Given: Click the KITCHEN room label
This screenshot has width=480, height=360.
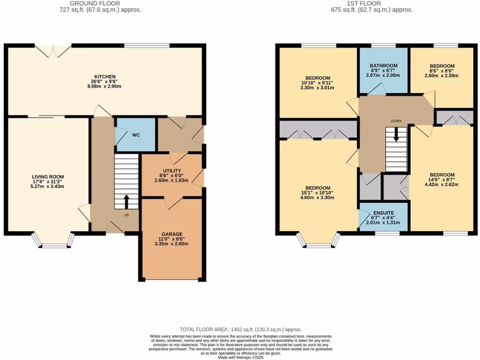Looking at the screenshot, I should (105, 76).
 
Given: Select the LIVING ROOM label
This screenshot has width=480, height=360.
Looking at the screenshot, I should (49, 177).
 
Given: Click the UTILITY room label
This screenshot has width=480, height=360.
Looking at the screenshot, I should (172, 171).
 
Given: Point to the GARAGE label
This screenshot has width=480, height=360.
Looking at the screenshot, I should (172, 234).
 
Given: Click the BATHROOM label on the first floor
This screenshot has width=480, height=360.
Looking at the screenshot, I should (383, 66).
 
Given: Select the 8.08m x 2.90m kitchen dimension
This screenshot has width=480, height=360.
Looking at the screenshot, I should (105, 86).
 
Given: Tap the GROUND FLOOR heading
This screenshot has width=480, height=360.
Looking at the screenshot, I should (95, 3).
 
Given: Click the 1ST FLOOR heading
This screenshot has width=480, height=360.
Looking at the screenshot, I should (365, 3).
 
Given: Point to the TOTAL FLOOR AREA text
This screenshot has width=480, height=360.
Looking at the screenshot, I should (240, 330).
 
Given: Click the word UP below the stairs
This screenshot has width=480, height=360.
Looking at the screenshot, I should (127, 215).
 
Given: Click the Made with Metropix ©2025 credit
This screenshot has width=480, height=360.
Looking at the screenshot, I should (240, 357).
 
